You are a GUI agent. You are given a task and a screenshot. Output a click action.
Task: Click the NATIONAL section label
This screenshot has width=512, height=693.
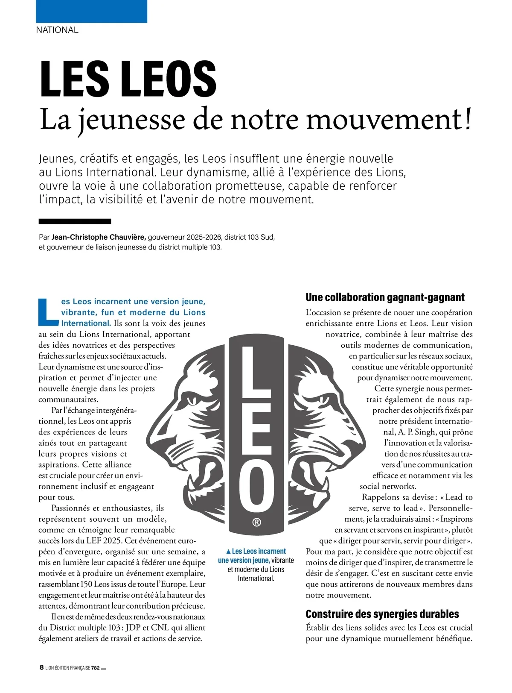click(57, 30)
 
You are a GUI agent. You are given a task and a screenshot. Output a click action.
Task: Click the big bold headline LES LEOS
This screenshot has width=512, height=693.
click(128, 79)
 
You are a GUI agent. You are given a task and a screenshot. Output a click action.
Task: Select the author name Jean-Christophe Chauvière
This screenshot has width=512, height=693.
click(99, 237)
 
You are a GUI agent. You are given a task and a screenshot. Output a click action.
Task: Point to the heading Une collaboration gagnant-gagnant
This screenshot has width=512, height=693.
click(385, 297)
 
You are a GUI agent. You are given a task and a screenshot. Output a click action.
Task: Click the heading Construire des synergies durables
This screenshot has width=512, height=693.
click(382, 614)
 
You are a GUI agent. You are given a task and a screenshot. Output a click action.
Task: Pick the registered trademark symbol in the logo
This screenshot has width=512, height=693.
click(256, 522)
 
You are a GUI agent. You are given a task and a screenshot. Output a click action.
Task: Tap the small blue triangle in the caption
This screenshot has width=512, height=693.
click(228, 552)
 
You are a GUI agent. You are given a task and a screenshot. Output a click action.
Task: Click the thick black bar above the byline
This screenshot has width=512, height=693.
click(75, 221)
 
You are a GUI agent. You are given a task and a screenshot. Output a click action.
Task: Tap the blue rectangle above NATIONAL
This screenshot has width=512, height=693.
click(91, 11)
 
